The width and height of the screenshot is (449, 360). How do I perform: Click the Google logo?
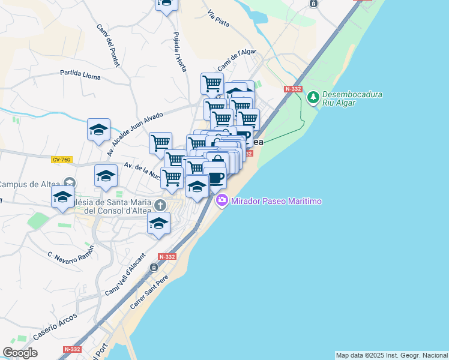tap(20, 353)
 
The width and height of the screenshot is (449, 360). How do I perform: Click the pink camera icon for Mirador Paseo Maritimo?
tap(222, 200)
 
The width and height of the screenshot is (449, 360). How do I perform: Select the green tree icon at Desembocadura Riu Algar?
tap(312, 97)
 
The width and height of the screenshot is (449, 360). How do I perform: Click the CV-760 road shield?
tap(61, 160)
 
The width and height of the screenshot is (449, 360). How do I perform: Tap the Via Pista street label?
tap(218, 19)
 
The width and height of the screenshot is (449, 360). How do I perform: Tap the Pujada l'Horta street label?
tap(179, 51)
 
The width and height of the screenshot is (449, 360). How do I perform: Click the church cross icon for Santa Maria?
tap(160, 205)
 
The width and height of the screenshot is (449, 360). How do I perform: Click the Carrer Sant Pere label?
tap(151, 292)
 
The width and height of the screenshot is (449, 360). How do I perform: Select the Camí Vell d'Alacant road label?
tap(126, 274)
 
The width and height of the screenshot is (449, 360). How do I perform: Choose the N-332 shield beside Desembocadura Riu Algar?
tap(293, 89)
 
